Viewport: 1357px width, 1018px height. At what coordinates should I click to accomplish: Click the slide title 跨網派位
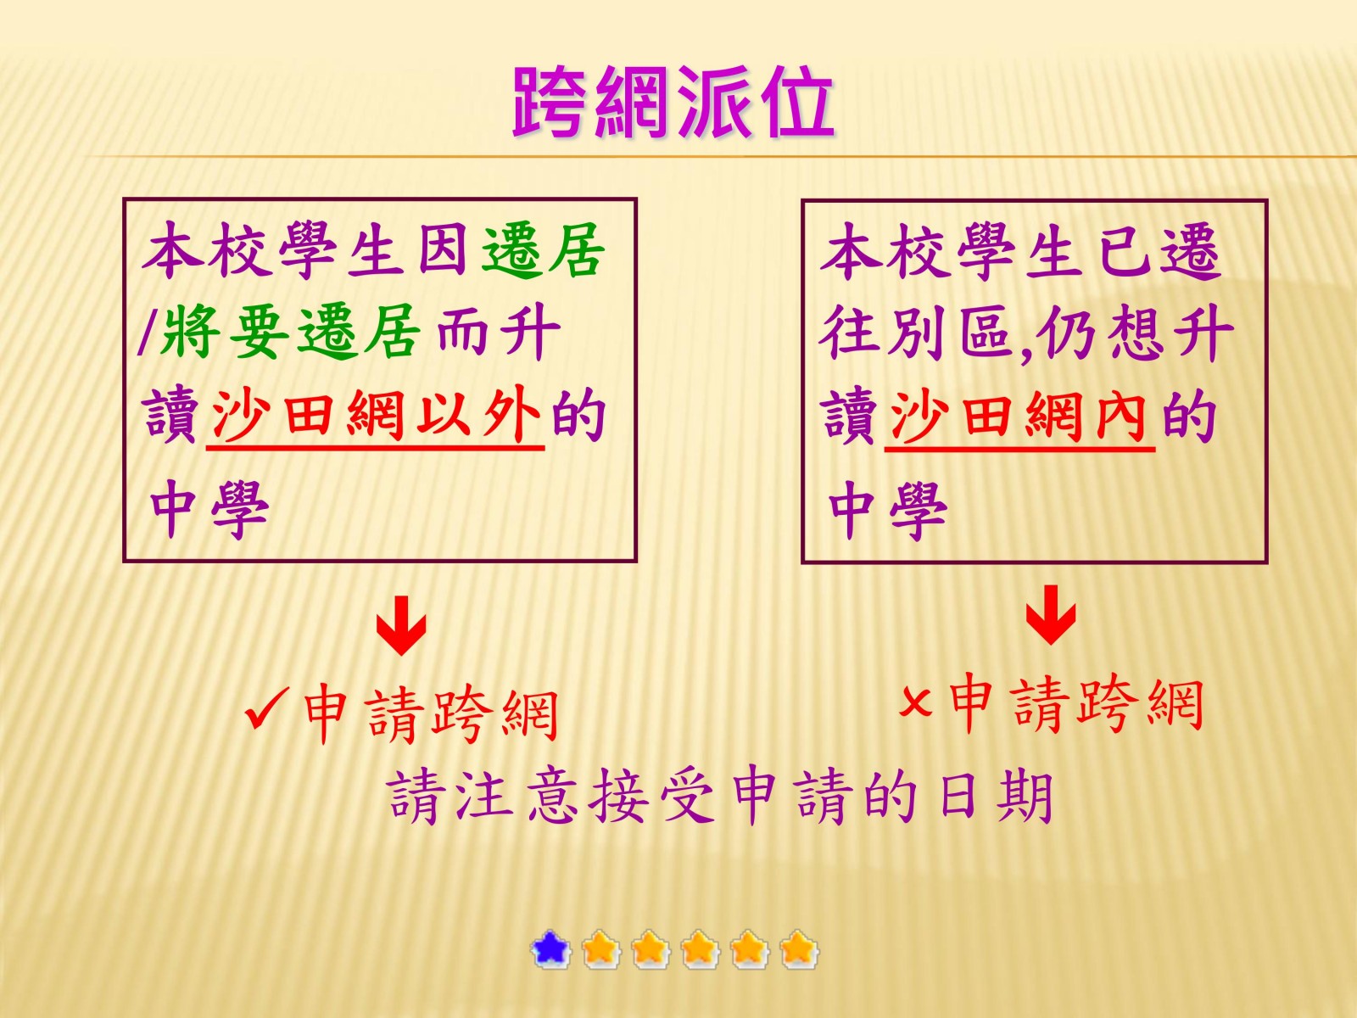click(x=673, y=102)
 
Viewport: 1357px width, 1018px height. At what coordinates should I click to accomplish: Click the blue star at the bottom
click(x=550, y=948)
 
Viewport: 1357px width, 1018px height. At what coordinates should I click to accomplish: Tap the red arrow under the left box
click(x=401, y=625)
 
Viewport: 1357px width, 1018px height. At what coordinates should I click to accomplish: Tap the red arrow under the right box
click(x=1050, y=615)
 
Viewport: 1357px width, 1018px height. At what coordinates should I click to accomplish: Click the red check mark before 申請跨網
click(x=266, y=709)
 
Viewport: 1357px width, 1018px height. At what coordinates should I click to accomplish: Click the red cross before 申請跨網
click(x=915, y=702)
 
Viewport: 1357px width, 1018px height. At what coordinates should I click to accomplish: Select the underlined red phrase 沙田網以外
click(x=376, y=416)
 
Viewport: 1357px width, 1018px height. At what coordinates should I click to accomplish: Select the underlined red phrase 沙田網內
click(x=1020, y=417)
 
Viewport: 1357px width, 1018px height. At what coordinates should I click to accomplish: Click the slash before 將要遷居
click(x=146, y=334)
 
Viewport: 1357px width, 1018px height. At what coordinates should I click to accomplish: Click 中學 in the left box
click(x=209, y=511)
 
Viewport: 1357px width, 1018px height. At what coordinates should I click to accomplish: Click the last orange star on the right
click(x=798, y=948)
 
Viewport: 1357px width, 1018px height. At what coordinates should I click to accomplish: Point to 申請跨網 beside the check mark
click(x=432, y=714)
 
